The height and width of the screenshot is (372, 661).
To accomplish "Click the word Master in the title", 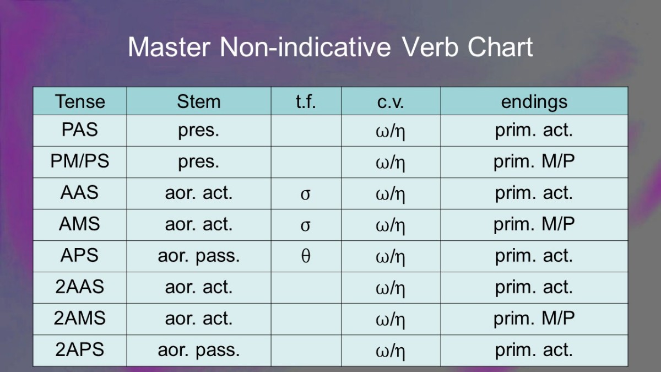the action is (x=169, y=47).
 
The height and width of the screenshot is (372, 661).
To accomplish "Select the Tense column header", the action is (x=80, y=101).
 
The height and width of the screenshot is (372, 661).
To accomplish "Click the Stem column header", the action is (x=199, y=101).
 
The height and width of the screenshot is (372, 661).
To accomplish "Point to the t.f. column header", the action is (x=306, y=101).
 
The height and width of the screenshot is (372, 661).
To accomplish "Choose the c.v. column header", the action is (x=391, y=102).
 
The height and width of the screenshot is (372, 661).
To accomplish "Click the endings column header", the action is (x=534, y=102).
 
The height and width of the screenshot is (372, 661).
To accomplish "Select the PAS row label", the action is (x=80, y=130).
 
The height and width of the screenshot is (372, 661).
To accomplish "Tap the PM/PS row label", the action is (x=80, y=161).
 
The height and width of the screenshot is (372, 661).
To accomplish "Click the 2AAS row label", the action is (x=80, y=287).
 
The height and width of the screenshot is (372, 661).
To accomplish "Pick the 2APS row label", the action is (x=80, y=349).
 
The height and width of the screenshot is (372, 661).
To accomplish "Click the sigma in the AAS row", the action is (x=305, y=195).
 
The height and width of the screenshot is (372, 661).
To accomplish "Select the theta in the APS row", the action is (x=306, y=256).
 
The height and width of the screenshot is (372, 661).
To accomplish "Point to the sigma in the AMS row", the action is (x=305, y=226).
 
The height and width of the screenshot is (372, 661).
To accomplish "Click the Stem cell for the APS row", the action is (x=199, y=256).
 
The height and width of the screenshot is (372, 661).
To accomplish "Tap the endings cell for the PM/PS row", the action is (x=534, y=161).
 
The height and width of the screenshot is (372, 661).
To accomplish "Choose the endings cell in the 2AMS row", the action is (x=534, y=319).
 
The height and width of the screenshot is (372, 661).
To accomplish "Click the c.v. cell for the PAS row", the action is (x=391, y=131).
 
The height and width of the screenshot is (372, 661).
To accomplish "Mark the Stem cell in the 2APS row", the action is (x=199, y=351).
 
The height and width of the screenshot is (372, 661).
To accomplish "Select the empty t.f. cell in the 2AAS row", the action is (x=306, y=288).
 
